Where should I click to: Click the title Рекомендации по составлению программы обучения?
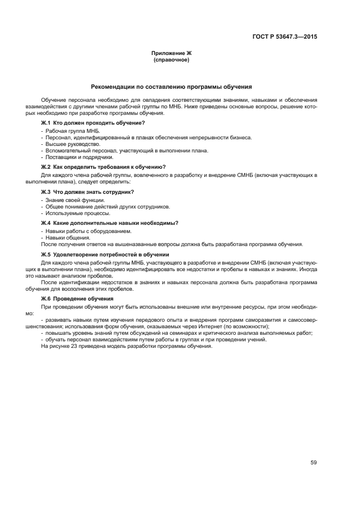[x=172, y=86]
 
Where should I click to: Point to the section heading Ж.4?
[x=109, y=223]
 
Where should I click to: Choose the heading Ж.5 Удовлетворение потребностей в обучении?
[x=105, y=254]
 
